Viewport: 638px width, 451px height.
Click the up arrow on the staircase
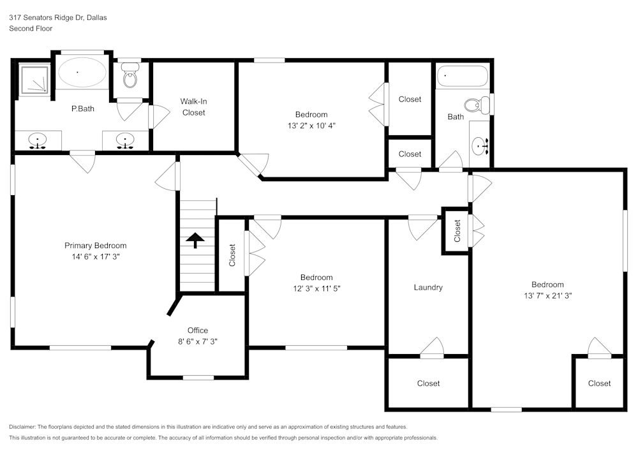[195, 240]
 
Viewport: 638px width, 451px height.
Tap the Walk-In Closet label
[193, 107]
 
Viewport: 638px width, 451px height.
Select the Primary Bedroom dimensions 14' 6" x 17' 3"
[95, 256]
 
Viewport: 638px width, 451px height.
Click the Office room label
[197, 330]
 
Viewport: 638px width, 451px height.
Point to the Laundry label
[427, 287]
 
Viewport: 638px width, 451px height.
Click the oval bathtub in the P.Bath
[82, 72]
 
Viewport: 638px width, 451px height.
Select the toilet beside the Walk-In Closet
[130, 76]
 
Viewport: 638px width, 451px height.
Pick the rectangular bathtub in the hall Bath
[463, 77]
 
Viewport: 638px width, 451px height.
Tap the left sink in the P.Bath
[38, 140]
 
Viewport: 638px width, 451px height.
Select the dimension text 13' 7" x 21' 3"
[547, 295]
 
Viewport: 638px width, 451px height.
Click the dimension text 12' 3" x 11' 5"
[316, 288]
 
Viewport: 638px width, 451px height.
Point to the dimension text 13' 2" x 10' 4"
[311, 126]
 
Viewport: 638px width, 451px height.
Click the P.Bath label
[82, 108]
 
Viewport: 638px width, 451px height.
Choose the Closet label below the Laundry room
[428, 383]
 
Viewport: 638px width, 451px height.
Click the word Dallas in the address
[96, 18]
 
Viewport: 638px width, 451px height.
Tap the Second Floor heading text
[31, 29]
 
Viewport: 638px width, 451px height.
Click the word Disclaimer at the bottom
[22, 426]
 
